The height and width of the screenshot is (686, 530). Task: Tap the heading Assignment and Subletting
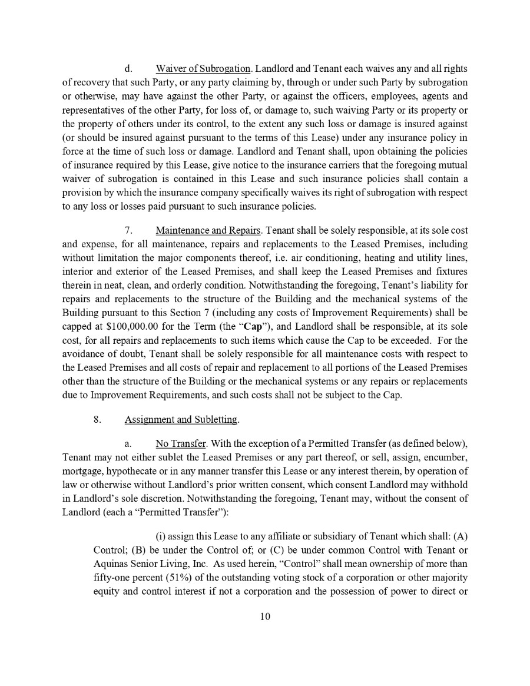click(x=181, y=420)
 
